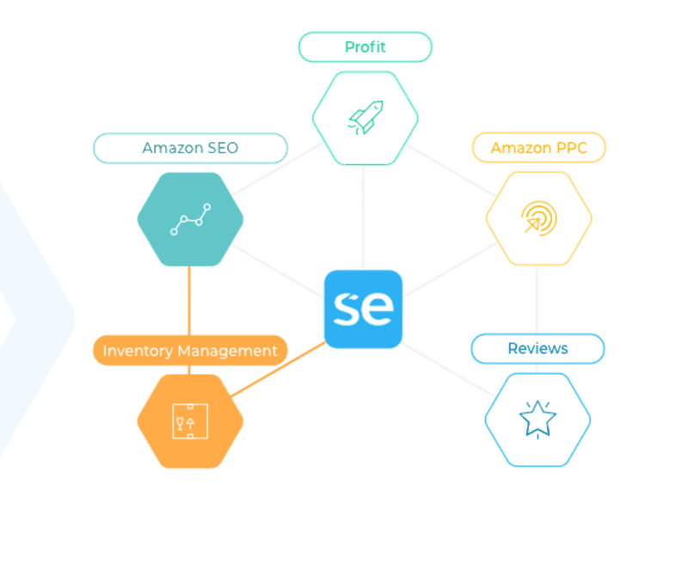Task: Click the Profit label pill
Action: click(365, 47)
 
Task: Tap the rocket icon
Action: click(365, 118)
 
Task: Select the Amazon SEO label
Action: click(190, 148)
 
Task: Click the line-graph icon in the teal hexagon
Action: click(190, 219)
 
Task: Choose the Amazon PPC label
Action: click(538, 148)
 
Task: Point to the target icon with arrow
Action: click(538, 218)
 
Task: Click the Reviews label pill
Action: click(537, 348)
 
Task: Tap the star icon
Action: click(537, 420)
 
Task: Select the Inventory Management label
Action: click(190, 351)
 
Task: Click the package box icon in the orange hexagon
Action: click(190, 421)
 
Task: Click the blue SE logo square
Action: click(363, 310)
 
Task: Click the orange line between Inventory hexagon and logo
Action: click(277, 370)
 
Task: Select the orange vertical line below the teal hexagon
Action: click(189, 301)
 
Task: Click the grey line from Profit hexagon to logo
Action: click(363, 215)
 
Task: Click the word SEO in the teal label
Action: click(222, 148)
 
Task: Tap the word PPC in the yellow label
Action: click(570, 148)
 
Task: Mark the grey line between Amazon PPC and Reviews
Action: click(537, 297)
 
